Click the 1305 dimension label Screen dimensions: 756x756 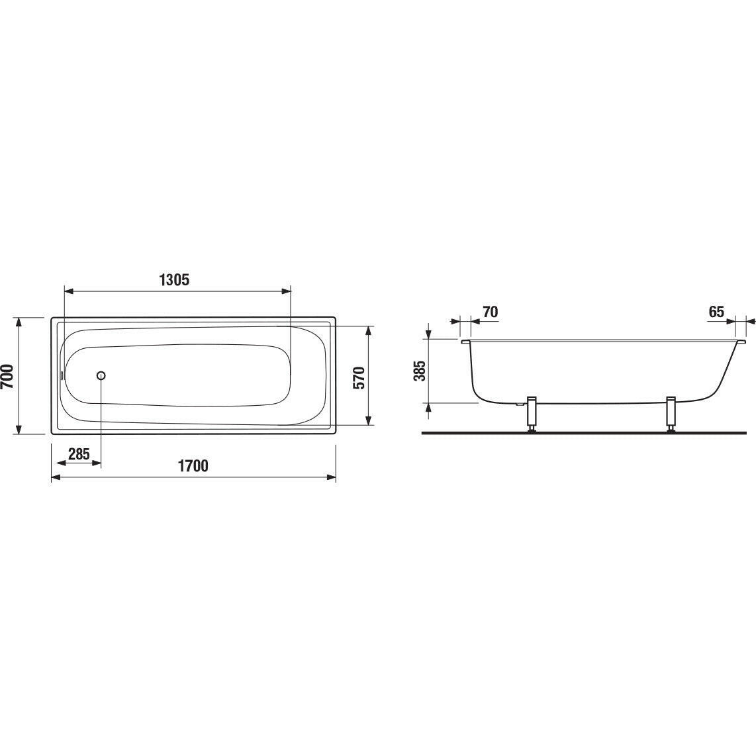pyautogui.click(x=174, y=279)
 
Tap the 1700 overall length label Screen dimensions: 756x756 pyautogui.click(x=193, y=466)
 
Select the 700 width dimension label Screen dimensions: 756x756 pyautogui.click(x=7, y=376)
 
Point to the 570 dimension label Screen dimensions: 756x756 pyautogui.click(x=359, y=377)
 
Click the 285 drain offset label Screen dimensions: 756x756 pyautogui.click(x=79, y=453)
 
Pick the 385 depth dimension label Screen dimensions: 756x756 pyautogui.click(x=420, y=371)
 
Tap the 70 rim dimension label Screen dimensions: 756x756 pyautogui.click(x=490, y=312)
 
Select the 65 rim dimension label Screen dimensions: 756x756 pyautogui.click(x=716, y=312)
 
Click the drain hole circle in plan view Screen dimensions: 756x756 pyautogui.click(x=101, y=376)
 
